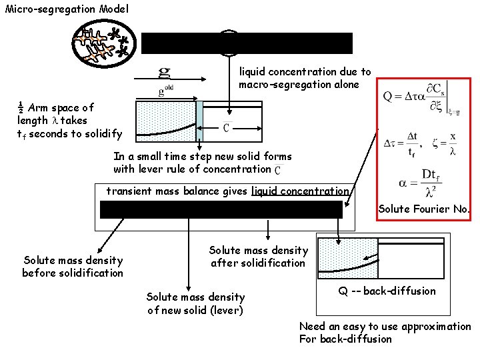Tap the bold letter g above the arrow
click(164, 71)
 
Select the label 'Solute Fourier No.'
click(424, 209)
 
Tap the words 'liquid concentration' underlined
click(300, 191)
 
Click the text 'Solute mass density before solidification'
click(73, 267)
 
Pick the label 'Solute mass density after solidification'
click(258, 257)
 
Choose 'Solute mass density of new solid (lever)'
click(195, 303)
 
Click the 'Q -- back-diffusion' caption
click(383, 291)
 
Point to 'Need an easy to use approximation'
click(385, 327)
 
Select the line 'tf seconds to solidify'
click(69, 134)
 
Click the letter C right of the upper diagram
click(227, 128)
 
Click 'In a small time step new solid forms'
click(202, 157)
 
